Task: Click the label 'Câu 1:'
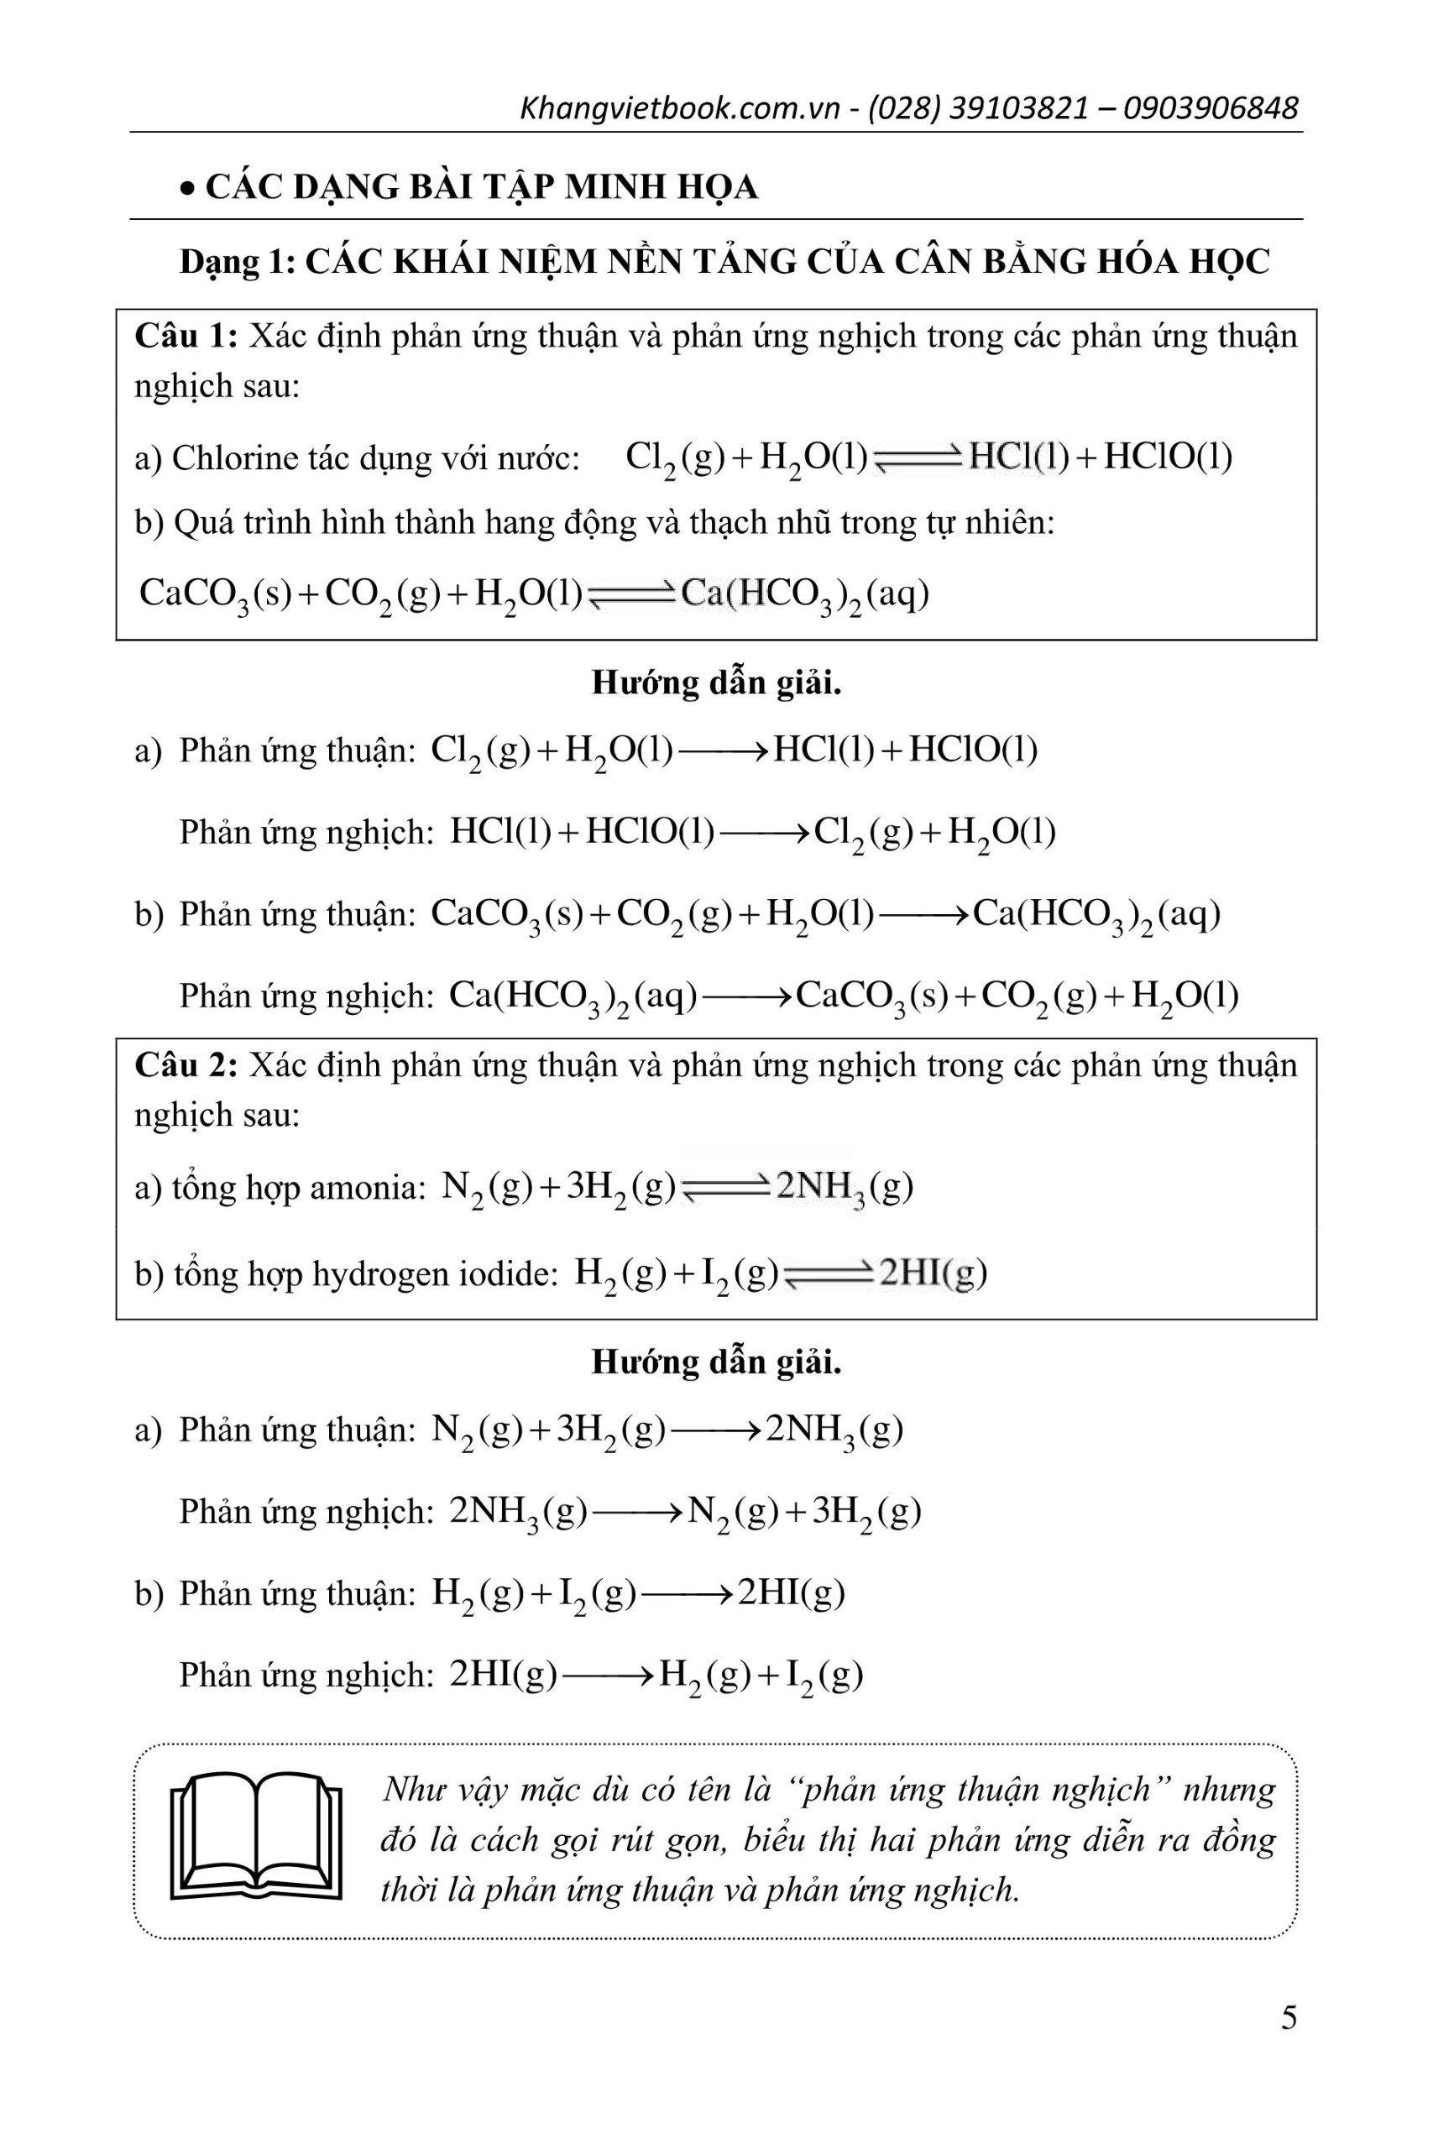pos(186,337)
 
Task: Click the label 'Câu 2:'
pos(186,1064)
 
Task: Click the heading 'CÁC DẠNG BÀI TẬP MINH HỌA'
pos(482,187)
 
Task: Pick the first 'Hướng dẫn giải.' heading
pos(717,683)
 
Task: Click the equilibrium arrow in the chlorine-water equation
pos(917,459)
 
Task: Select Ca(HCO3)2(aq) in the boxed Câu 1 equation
pos(804,596)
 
